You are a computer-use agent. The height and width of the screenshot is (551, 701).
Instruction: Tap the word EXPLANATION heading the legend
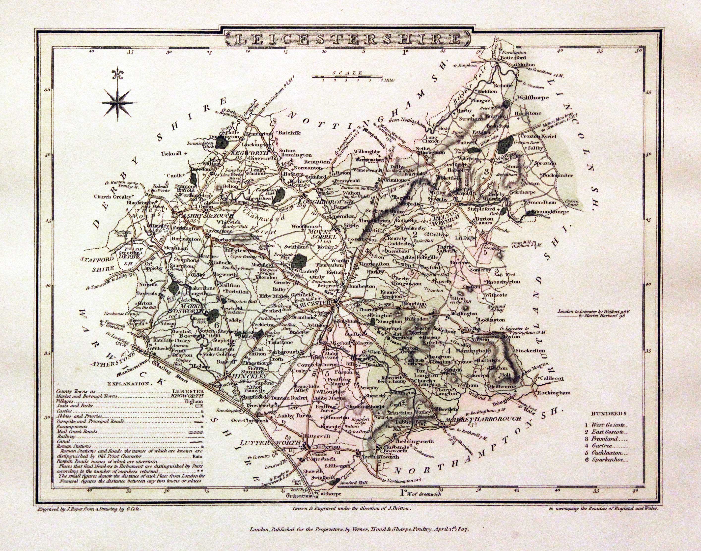click(129, 384)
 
